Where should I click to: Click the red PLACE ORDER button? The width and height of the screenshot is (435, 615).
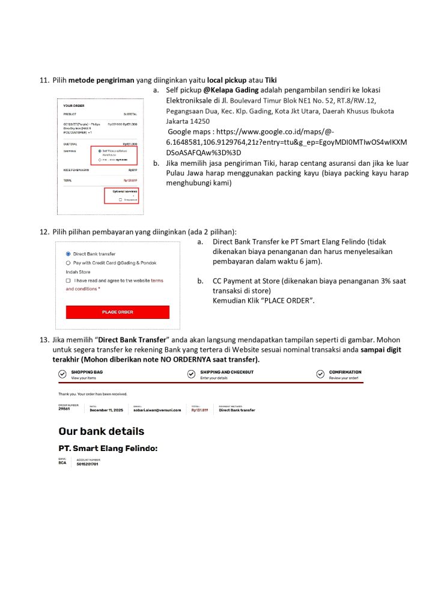(117, 312)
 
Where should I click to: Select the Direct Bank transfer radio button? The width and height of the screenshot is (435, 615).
(68, 254)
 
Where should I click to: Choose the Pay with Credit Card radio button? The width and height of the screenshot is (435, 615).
(68, 263)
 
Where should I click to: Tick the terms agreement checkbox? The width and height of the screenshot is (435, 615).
(68, 280)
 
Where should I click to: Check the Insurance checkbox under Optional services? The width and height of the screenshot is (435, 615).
(121, 199)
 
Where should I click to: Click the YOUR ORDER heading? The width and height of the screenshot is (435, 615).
(73, 106)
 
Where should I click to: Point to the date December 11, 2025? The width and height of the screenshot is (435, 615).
(106, 410)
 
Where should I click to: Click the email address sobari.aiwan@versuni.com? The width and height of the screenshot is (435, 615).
(157, 410)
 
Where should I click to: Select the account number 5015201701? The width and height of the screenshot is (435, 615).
(87, 464)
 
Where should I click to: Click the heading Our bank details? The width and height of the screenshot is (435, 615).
(101, 431)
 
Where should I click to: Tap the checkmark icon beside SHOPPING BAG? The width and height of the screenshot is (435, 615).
(62, 375)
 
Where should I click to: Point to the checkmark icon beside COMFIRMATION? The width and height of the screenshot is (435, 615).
(320, 375)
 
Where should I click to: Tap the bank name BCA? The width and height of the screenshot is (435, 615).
(62, 464)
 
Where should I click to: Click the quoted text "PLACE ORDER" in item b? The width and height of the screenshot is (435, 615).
(290, 300)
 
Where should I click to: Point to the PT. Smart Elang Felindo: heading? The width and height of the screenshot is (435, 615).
(108, 448)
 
